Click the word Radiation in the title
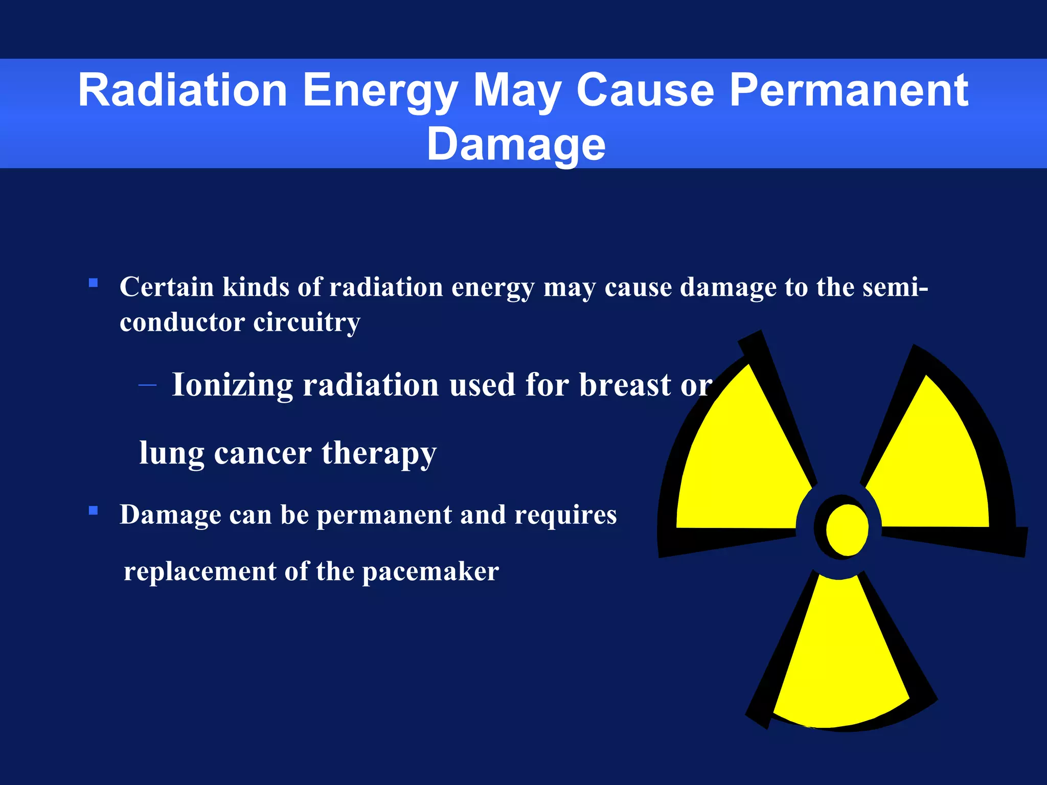click(183, 90)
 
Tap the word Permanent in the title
click(849, 90)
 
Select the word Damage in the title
click(516, 144)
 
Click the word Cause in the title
click(645, 90)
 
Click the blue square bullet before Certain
click(93, 283)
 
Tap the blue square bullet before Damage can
click(93, 510)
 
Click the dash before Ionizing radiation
click(147, 385)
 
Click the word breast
click(625, 385)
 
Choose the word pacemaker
click(430, 571)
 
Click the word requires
click(565, 515)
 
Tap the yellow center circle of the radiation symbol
click(847, 530)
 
